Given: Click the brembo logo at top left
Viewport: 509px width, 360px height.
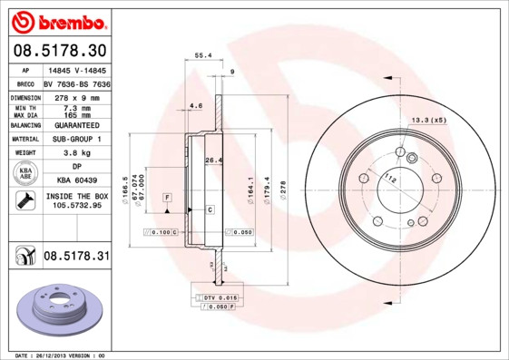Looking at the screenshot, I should [x=57, y=20].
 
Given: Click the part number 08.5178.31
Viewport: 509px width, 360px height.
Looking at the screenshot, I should [x=76, y=258].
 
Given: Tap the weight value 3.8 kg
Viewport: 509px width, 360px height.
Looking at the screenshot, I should [x=76, y=154].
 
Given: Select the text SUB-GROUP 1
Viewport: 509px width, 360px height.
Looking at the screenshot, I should [x=76, y=140].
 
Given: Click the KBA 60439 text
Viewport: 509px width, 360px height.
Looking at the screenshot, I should [x=76, y=181].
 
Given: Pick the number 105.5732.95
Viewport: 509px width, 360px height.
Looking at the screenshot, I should [x=76, y=206].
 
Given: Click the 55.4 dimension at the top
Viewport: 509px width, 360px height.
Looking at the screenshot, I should [x=203, y=55].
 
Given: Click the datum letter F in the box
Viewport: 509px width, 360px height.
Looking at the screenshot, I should [x=167, y=197].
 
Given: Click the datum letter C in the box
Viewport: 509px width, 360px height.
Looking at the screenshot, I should [x=210, y=209].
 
